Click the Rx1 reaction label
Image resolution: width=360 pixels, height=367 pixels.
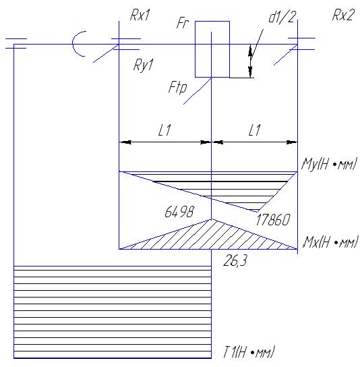(x=140, y=16)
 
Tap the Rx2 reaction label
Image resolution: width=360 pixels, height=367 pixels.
(x=343, y=16)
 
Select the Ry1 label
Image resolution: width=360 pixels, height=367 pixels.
(x=143, y=65)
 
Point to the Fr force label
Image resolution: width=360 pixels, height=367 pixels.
(x=183, y=23)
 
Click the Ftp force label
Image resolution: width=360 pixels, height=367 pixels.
(x=178, y=88)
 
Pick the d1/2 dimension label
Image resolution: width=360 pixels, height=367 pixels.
(x=282, y=17)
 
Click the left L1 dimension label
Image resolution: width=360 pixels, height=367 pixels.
(x=164, y=130)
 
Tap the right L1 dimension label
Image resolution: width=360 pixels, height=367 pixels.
(x=254, y=130)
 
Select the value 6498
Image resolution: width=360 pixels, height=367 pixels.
(x=179, y=212)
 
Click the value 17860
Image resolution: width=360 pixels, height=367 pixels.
(x=273, y=220)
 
